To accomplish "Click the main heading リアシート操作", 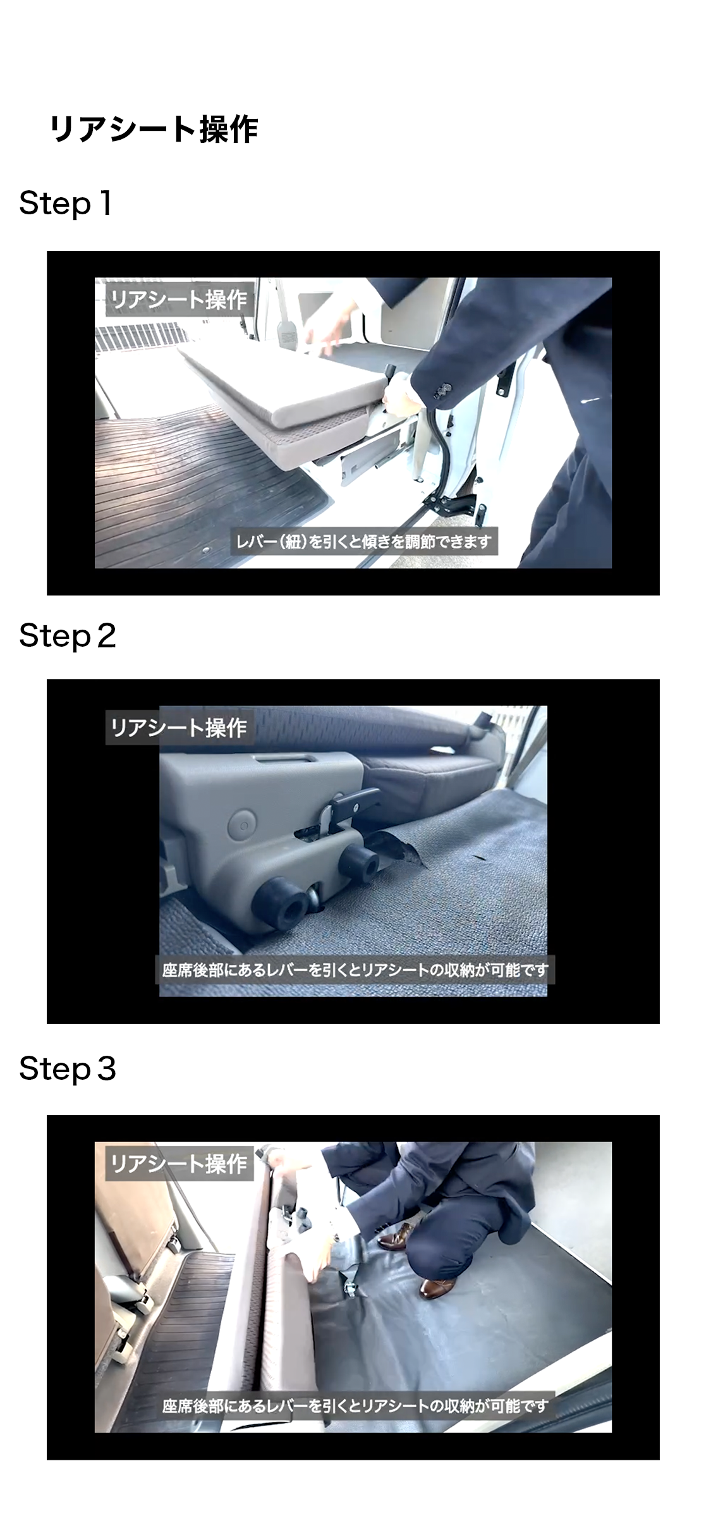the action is [x=154, y=130].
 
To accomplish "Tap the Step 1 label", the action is [x=66, y=204].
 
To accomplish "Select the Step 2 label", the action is [x=68, y=636].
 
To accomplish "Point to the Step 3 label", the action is [x=68, y=1069].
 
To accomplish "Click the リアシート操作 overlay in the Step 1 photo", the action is [x=179, y=299].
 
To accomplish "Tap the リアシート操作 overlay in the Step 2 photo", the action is [x=179, y=728].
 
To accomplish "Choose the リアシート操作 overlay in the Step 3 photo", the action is [x=179, y=1163].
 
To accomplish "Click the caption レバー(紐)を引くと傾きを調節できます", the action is [x=363, y=542].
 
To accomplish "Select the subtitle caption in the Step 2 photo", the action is [x=355, y=970].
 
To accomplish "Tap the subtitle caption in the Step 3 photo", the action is [x=355, y=1406].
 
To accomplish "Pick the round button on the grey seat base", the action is [x=242, y=824].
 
